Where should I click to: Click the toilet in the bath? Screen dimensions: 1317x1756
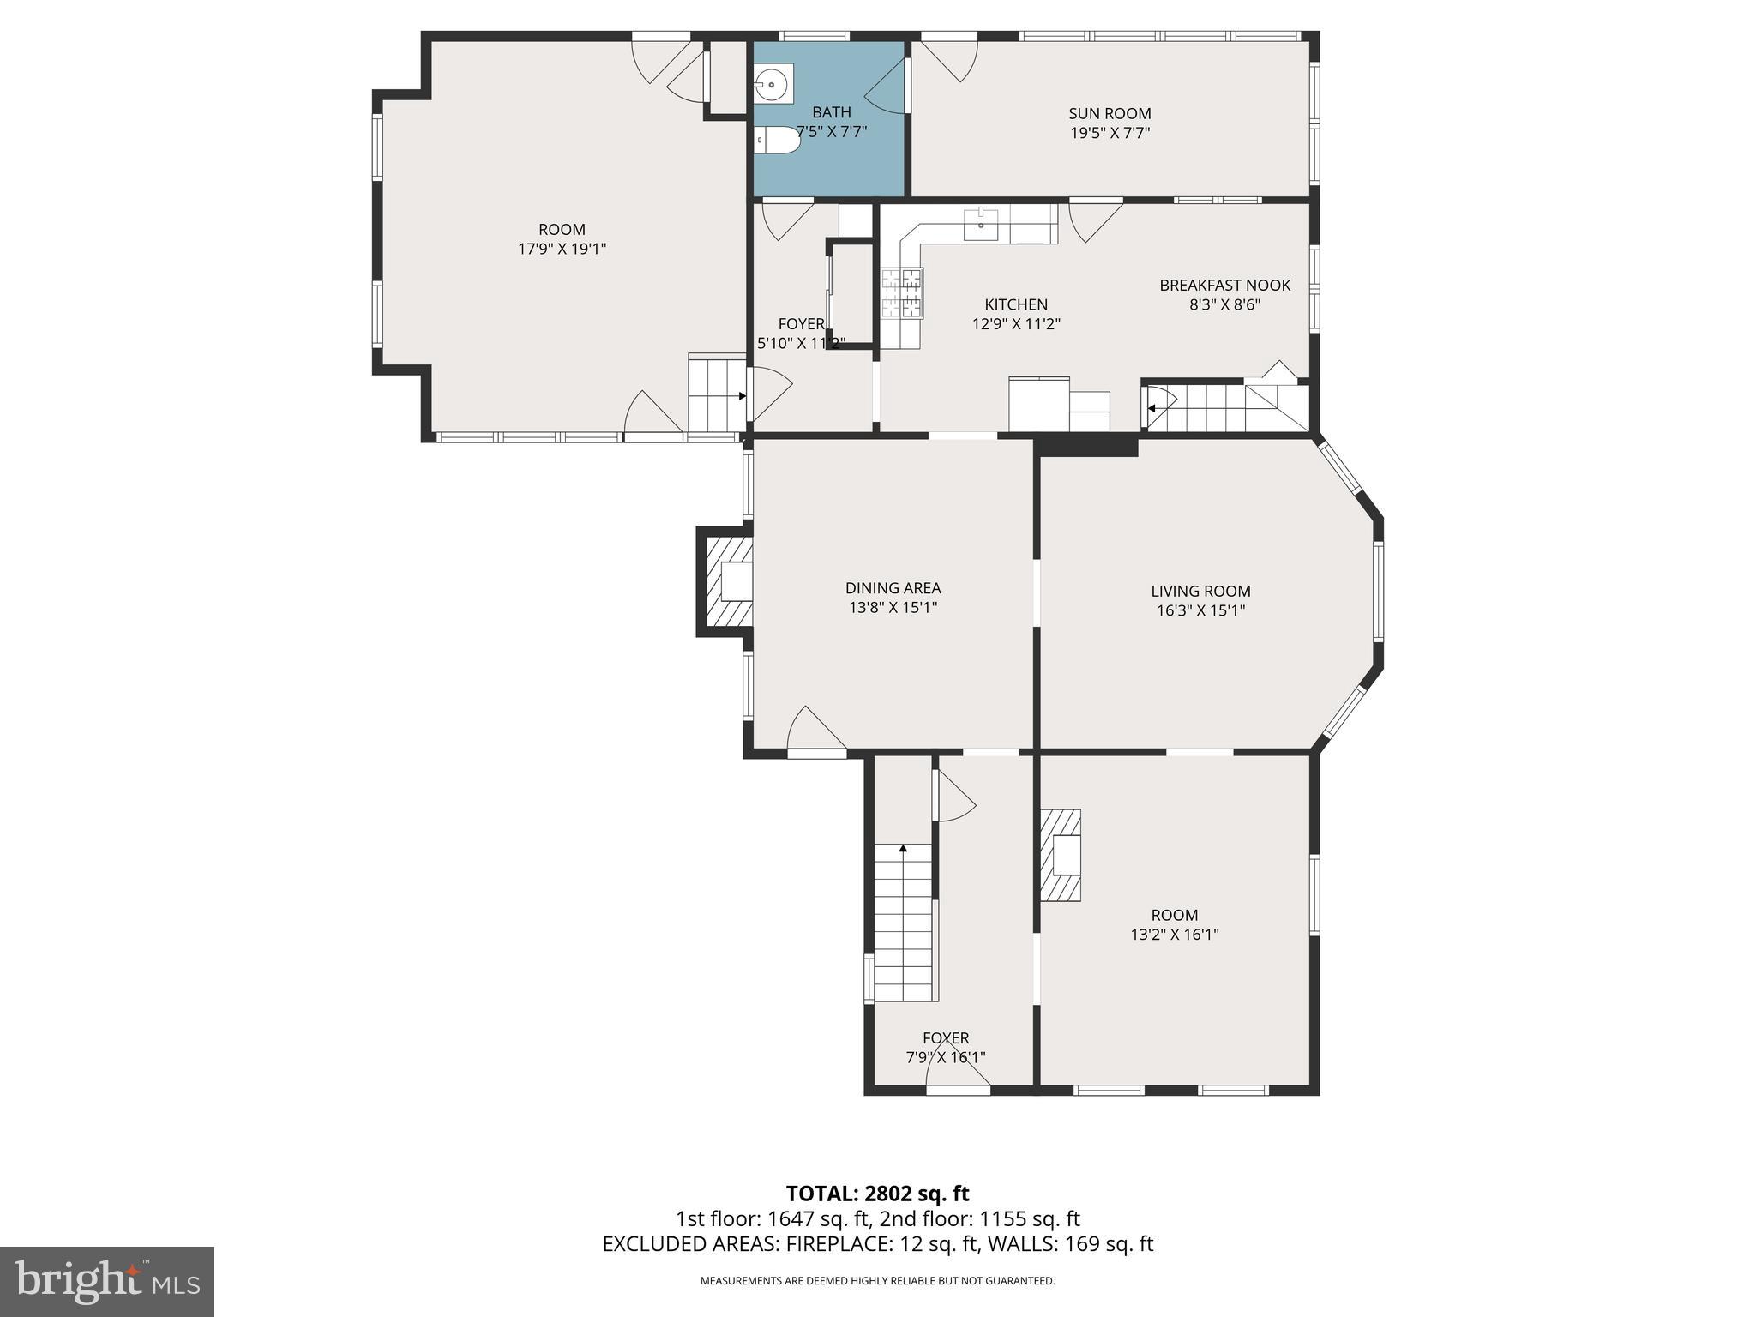click(779, 141)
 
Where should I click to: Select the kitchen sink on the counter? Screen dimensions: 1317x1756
click(981, 226)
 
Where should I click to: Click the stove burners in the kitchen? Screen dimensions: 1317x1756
click(902, 292)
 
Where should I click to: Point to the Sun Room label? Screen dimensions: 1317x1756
click(1110, 113)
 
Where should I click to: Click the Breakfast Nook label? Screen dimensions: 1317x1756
click(1224, 286)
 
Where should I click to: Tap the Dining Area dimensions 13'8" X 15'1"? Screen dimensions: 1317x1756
click(893, 608)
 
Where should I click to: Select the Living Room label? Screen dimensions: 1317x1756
click(1200, 591)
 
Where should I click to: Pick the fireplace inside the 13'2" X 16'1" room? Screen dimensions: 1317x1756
click(1061, 855)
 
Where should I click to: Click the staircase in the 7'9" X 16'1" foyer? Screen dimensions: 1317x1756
click(903, 922)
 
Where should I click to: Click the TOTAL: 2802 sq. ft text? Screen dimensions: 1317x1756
click(877, 1193)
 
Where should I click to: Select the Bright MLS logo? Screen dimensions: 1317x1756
click(106, 1281)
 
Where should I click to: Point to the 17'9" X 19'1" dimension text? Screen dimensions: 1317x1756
click(562, 250)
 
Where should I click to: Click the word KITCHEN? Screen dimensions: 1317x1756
click(1016, 304)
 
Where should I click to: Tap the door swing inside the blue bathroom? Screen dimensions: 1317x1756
click(888, 87)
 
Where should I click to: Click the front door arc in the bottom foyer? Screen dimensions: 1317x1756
click(958, 1069)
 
